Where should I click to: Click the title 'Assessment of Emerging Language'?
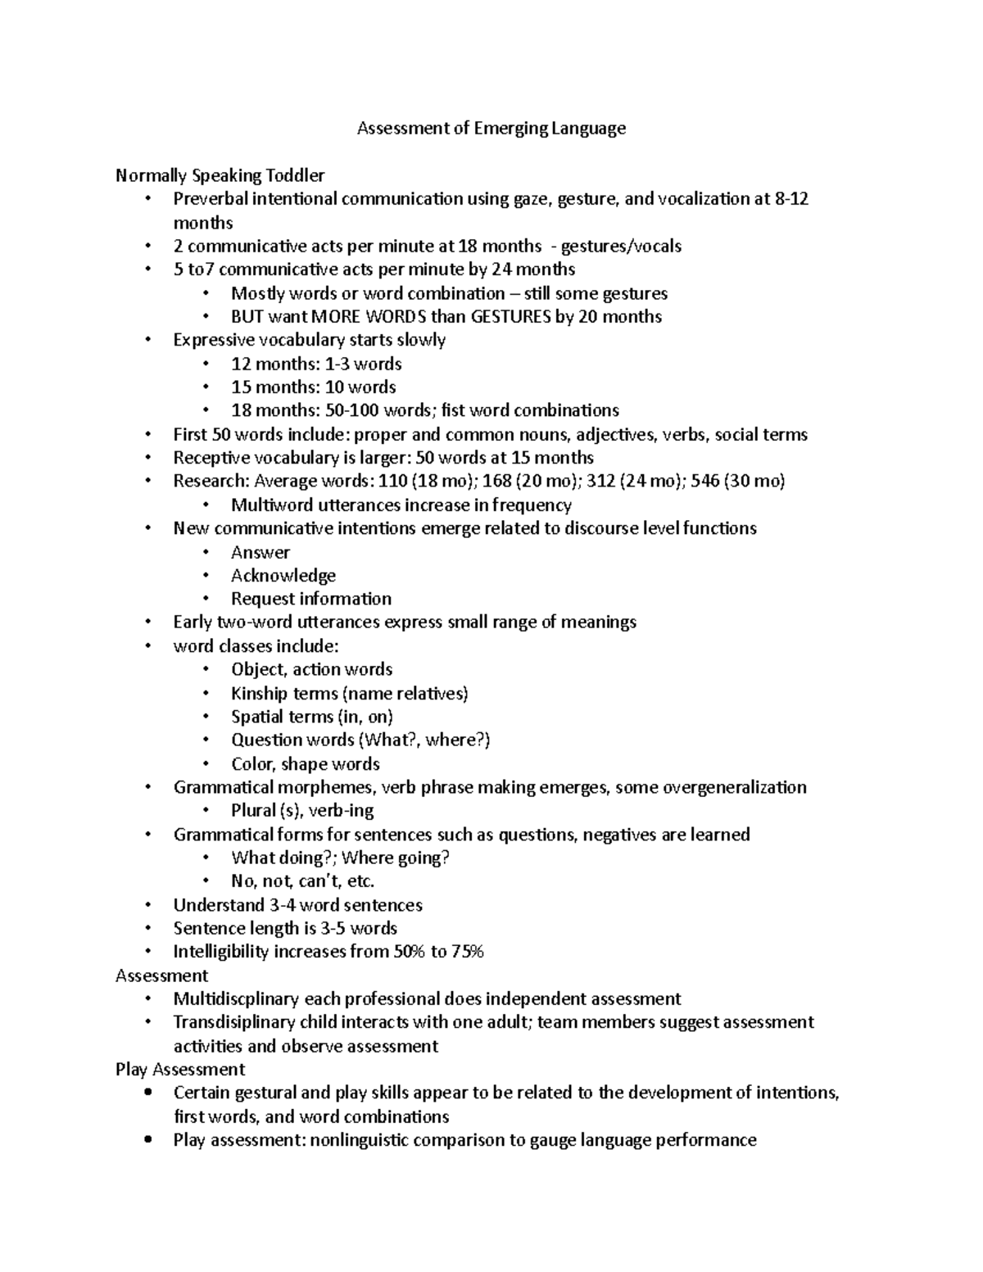coord(491,128)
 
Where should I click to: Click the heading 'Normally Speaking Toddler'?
coord(220,175)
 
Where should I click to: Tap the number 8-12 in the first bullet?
coord(791,199)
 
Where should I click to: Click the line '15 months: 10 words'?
coord(313,387)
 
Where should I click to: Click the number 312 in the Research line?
coord(601,482)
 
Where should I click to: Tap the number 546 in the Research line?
coord(706,482)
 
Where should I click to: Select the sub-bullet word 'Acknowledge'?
coord(283,576)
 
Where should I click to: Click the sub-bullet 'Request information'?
coord(310,599)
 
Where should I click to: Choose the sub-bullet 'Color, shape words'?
coord(305,764)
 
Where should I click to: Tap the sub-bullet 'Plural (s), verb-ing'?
coord(302,811)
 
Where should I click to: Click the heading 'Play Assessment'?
coord(180,1070)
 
